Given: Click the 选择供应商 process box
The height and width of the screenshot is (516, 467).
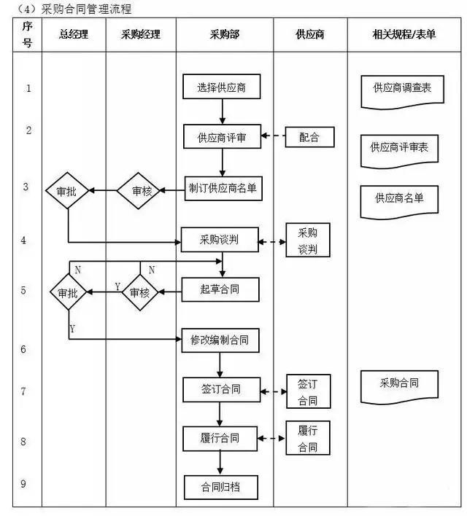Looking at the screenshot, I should pyautogui.click(x=221, y=88).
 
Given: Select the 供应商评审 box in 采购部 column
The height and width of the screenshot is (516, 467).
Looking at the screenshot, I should pyautogui.click(x=221, y=136).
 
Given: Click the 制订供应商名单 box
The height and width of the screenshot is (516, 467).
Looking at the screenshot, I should pyautogui.click(x=222, y=187).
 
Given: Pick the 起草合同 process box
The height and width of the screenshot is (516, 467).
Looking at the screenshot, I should pyautogui.click(x=220, y=289).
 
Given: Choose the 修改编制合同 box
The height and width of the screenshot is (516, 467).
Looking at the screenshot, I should pyautogui.click(x=220, y=339).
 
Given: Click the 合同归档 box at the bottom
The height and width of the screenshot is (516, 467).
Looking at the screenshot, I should pyautogui.click(x=220, y=487).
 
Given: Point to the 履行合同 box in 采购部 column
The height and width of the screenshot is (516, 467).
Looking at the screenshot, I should pyautogui.click(x=220, y=438).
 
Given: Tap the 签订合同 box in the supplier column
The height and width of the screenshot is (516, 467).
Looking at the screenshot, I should pyautogui.click(x=308, y=392).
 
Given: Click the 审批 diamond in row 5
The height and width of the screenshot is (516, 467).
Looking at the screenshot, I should pyautogui.click(x=69, y=292).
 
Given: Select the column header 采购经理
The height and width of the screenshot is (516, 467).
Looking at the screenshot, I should pyautogui.click(x=141, y=34).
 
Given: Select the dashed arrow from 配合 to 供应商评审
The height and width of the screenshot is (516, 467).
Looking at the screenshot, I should pyautogui.click(x=275, y=136).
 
